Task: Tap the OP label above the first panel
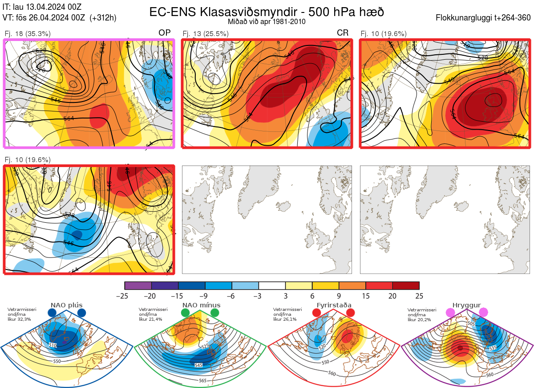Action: pos(165,33)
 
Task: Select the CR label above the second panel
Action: pos(343,33)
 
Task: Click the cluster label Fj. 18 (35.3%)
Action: pos(28,33)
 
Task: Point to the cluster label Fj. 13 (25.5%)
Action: pos(206,33)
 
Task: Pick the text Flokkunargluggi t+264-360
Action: pos(484,18)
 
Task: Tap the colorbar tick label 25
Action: pos(419,296)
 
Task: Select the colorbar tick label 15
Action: pos(365,296)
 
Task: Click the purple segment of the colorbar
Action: pos(138,286)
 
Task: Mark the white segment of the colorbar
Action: pos(272,286)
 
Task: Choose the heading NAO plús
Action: pos(66,305)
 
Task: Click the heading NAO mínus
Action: pos(201,305)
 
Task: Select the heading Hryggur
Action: pos(467,305)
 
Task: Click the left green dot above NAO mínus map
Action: pos(186,313)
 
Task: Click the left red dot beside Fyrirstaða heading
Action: pos(317,313)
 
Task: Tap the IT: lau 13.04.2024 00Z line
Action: pos(42,7)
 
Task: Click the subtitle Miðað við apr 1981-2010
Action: pos(267,21)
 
